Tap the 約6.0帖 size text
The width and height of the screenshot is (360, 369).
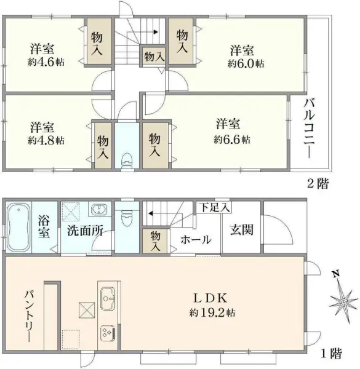[x=246, y=63]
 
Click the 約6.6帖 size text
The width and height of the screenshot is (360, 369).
[x=232, y=140]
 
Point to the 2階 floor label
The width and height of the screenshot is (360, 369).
[x=318, y=182]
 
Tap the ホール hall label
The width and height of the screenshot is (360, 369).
[x=196, y=240]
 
